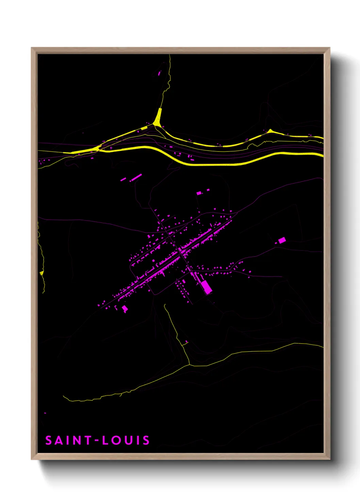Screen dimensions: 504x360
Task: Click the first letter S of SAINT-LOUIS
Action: pyautogui.click(x=49, y=440)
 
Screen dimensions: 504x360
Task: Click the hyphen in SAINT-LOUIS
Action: pyautogui.click(x=97, y=441)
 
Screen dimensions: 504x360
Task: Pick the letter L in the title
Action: pyautogui.click(x=106, y=440)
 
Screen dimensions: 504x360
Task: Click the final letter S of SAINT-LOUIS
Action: pyautogui.click(x=146, y=440)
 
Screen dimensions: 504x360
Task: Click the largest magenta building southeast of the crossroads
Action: pyautogui.click(x=206, y=287)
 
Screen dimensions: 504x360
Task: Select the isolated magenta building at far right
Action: pyautogui.click(x=282, y=240)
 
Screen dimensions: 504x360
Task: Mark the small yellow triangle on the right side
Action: pyautogui.click(x=270, y=131)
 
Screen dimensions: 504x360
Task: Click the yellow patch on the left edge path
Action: pyautogui.click(x=42, y=273)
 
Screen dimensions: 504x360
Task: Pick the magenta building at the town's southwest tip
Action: pyautogui.click(x=125, y=309)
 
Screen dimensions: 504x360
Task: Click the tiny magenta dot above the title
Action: pyautogui.click(x=45, y=413)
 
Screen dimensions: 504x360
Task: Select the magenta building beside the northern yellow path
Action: pyautogui.click(x=159, y=73)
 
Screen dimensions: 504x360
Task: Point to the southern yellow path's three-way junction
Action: pyautogui.click(x=190, y=365)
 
